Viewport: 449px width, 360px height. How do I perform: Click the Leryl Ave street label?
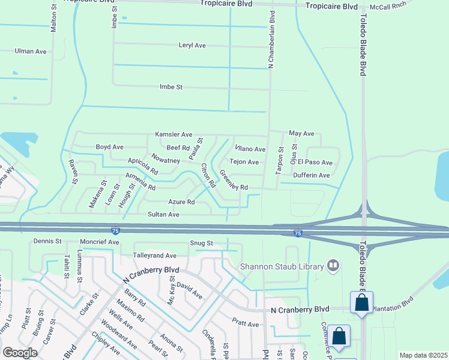192,46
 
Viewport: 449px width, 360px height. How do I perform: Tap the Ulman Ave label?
31,52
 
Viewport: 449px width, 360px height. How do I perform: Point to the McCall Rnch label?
387,5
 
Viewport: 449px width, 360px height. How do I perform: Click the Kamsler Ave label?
173,134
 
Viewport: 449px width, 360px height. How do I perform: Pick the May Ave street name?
301,133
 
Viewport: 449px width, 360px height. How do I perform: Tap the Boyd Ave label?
110,147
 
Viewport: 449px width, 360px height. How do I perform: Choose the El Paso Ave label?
319,163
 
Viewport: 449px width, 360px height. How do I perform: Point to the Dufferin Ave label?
312,175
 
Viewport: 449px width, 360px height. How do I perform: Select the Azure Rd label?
181,202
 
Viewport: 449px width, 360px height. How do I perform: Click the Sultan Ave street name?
164,214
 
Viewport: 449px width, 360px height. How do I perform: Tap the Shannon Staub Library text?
281,266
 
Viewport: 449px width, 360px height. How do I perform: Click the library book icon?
333,266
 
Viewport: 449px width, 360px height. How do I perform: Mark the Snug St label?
202,243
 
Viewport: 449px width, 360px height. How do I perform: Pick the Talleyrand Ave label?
154,256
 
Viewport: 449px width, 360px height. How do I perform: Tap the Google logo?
20,353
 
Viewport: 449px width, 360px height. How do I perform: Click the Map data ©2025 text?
423,355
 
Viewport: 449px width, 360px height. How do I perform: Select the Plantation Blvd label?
393,304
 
